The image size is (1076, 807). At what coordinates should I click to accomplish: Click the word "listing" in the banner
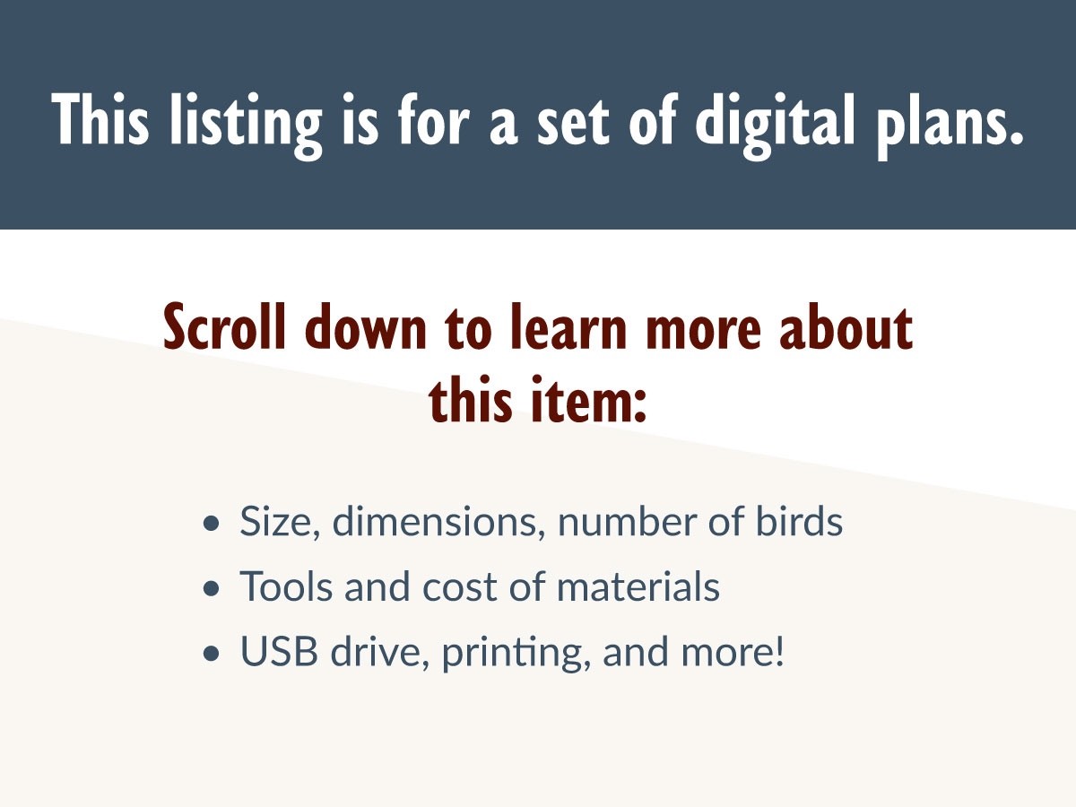[246, 125]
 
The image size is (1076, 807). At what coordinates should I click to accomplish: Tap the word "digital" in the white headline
[776, 125]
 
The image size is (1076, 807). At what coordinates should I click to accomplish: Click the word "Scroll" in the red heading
[224, 326]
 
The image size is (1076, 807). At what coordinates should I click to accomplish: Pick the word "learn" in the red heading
[568, 326]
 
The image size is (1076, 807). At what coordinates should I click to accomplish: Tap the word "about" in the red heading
[846, 326]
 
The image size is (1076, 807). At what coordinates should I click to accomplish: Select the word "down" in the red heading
[365, 326]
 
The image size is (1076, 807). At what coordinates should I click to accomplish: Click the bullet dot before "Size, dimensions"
[212, 524]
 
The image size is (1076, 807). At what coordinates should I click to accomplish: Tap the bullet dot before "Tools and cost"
[212, 588]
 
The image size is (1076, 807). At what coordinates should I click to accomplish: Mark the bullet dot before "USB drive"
[212, 654]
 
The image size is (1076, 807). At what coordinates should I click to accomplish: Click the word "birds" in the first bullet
[800, 520]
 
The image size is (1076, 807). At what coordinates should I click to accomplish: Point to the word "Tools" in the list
[285, 586]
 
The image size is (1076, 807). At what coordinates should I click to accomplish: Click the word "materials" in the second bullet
[638, 586]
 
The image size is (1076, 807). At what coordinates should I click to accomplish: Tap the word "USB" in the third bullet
[279, 651]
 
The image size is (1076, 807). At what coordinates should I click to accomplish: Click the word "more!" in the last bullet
[733, 651]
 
